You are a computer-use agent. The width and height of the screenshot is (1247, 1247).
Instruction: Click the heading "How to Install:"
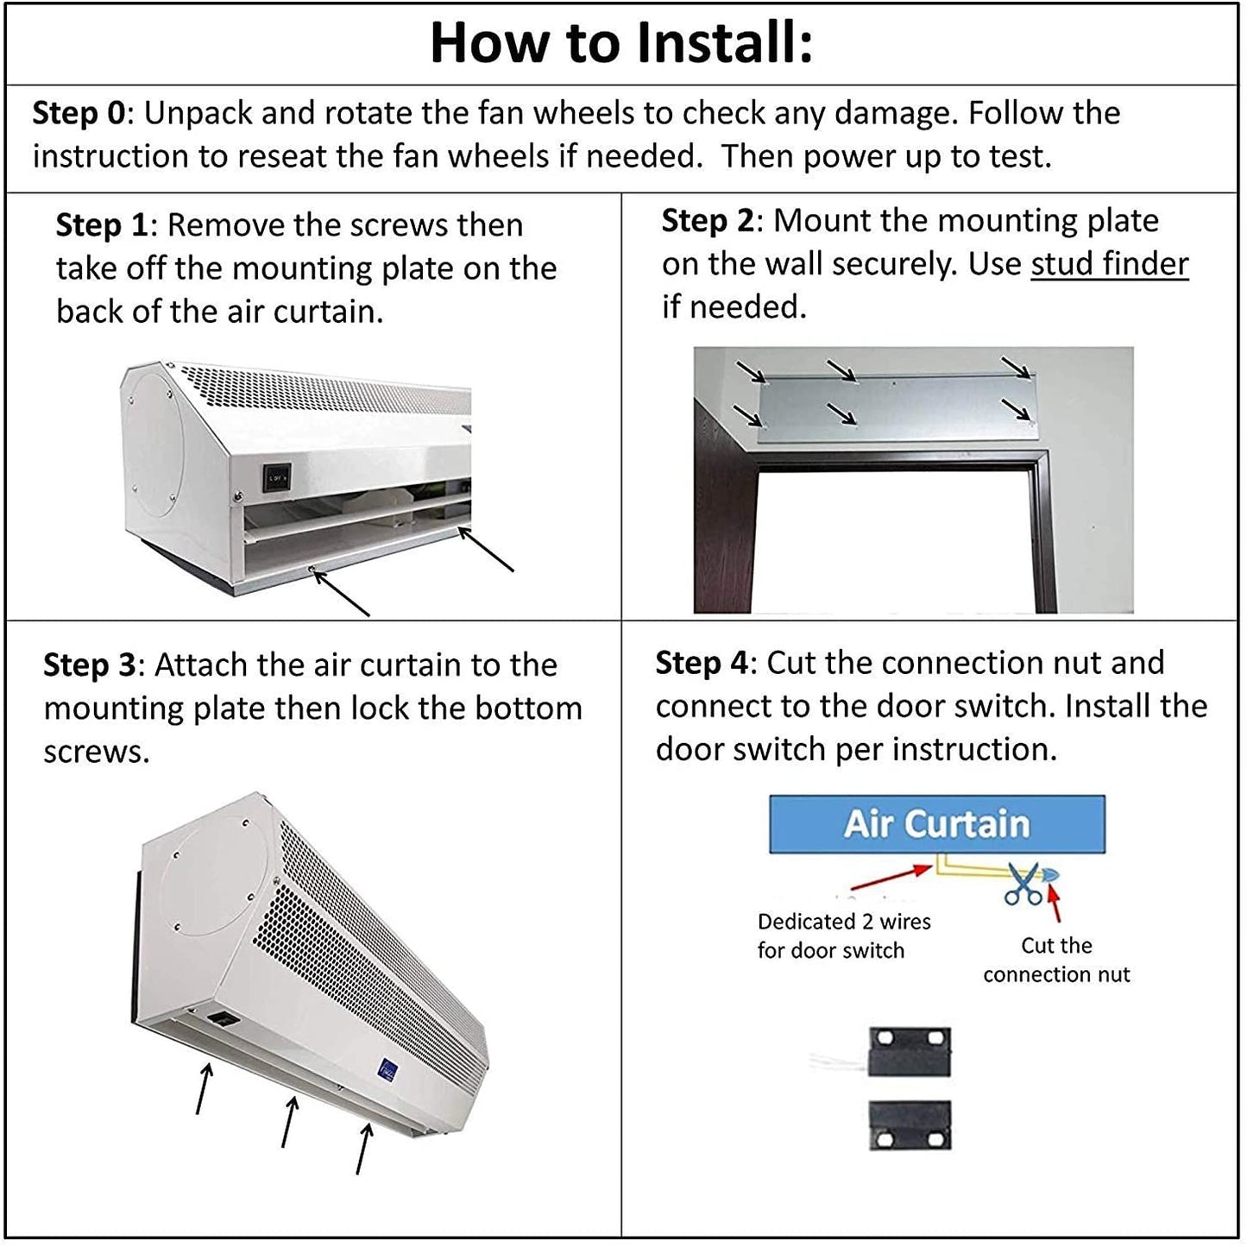click(621, 42)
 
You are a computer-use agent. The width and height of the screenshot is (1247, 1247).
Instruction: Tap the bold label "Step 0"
click(79, 113)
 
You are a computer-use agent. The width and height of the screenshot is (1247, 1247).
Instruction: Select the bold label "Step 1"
click(102, 225)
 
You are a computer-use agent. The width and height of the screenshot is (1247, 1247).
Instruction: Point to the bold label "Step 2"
click(708, 221)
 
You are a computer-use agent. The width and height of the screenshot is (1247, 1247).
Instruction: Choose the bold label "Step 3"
click(90, 665)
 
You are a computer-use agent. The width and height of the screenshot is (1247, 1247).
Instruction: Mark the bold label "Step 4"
click(702, 664)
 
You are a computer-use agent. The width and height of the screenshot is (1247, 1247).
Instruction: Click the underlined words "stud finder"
click(1110, 264)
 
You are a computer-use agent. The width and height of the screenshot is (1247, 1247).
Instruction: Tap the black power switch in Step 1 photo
click(276, 477)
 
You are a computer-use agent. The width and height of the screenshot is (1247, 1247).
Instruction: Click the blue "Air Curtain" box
click(937, 824)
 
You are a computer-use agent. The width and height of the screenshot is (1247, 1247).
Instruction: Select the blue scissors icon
click(1023, 884)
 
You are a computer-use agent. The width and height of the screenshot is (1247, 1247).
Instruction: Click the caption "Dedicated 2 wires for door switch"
click(844, 935)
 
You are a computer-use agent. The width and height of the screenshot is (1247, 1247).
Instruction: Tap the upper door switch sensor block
click(910, 1052)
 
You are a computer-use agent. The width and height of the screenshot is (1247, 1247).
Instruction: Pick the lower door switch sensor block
click(910, 1125)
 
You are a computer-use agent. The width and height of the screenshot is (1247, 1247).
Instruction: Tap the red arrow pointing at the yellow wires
click(891, 879)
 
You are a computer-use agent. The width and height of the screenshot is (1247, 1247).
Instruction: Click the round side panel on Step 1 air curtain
click(154, 444)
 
